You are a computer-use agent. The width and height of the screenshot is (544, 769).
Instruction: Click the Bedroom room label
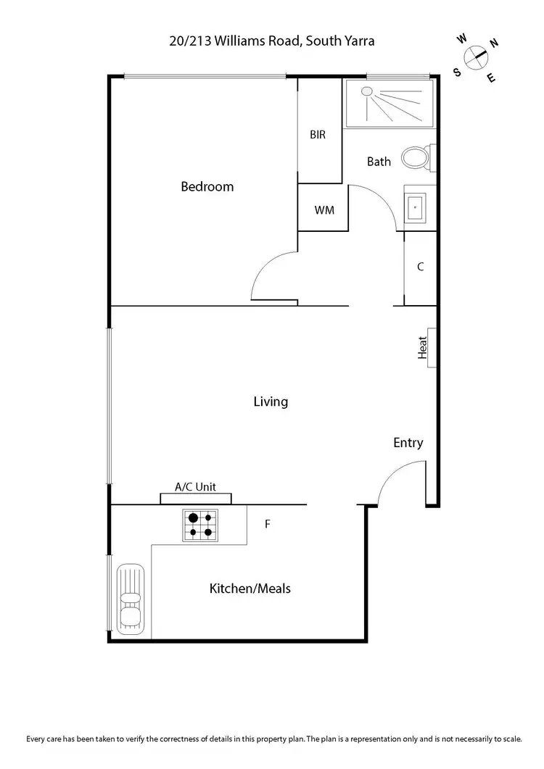(207, 187)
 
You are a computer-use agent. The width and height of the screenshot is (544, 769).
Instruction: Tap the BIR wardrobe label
(318, 135)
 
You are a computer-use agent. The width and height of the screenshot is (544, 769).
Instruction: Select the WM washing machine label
(323, 210)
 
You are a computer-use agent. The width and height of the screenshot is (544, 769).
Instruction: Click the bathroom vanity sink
(415, 207)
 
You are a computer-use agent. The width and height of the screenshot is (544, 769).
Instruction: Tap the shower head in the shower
(366, 92)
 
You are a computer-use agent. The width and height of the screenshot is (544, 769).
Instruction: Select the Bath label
(379, 162)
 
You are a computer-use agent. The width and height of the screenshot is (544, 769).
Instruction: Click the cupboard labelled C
(420, 267)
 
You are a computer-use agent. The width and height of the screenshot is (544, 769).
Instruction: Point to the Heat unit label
(422, 347)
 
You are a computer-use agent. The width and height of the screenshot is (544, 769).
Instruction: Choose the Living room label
(271, 402)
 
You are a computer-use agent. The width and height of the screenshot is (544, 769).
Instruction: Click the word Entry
(408, 443)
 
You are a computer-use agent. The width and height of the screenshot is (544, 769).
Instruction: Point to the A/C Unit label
(196, 488)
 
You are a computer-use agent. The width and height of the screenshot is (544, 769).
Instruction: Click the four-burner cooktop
(200, 525)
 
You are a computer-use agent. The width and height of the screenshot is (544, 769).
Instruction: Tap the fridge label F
(267, 523)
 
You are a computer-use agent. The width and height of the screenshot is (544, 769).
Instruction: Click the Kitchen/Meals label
(250, 589)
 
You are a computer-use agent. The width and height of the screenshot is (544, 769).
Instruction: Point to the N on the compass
(494, 43)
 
